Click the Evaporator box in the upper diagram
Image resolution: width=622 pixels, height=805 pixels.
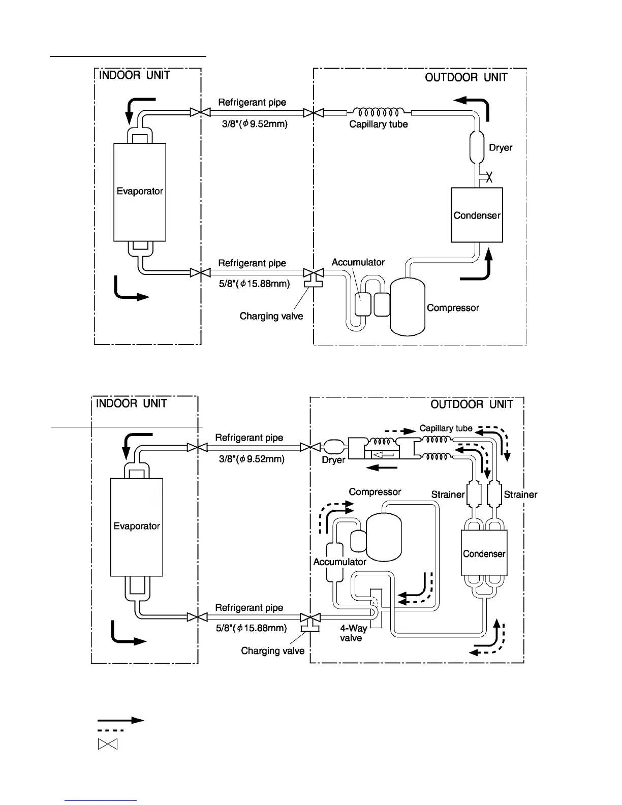point(140,192)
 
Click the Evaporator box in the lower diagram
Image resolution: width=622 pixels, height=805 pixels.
point(137,527)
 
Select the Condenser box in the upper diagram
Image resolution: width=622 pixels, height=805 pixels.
point(477,215)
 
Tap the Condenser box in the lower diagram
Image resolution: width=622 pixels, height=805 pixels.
point(484,553)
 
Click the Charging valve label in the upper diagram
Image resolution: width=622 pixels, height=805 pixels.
point(271,316)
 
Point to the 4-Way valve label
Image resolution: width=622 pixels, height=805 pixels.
point(353,633)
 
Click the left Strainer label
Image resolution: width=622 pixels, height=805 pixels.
point(448,494)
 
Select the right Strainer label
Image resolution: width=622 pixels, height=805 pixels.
point(520,494)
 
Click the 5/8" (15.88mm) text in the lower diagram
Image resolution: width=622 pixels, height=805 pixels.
point(251,628)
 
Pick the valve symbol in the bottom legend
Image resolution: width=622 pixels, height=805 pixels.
point(107,745)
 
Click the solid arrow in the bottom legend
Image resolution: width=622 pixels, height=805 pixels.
point(121,720)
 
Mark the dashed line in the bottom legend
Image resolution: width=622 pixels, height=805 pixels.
point(110,730)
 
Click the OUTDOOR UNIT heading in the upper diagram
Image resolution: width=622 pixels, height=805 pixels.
point(466,77)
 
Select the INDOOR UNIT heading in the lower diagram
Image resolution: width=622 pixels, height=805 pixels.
point(132,404)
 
